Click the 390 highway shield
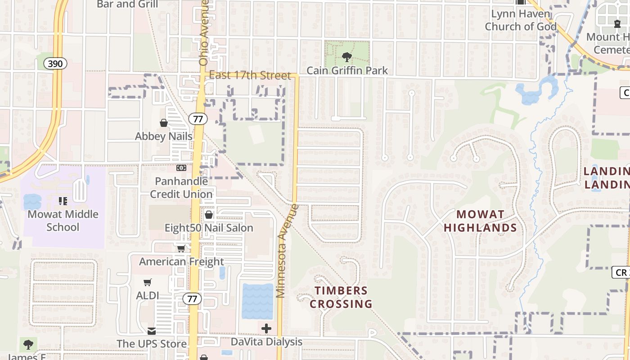[55, 63]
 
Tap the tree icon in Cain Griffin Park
[346, 57]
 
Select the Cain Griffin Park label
[347, 71]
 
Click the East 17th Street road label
[250, 75]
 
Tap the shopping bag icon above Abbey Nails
[164, 123]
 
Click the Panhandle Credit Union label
[181, 188]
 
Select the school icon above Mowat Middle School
[63, 201]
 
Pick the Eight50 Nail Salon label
[209, 228]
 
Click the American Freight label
[181, 261]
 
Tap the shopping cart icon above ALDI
[148, 283]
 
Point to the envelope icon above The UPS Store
[152, 331]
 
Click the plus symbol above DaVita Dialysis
[266, 328]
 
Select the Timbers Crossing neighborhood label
[341, 297]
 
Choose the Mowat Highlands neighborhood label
[480, 220]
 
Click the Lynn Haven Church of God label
[521, 20]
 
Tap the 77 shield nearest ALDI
[192, 298]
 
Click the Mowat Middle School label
[63, 220]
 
